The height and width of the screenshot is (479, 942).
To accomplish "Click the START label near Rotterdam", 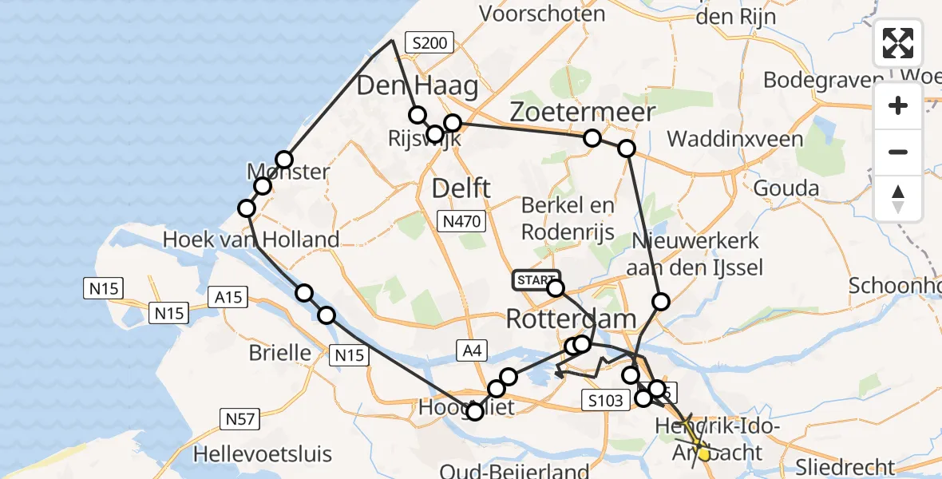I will tap(536, 280).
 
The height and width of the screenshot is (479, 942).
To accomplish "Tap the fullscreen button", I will tap(898, 43).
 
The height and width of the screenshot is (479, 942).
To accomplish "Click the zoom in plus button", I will tap(898, 105).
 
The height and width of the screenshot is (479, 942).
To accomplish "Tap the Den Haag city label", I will tap(417, 86).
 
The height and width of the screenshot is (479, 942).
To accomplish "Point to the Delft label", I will tap(461, 189).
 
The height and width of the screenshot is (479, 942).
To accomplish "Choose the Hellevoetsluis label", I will tap(263, 455).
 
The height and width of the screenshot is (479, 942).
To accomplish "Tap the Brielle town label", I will tap(279, 352).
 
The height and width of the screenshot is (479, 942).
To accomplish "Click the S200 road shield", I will tap(429, 43).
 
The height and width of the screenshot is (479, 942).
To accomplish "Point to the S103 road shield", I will tap(602, 401).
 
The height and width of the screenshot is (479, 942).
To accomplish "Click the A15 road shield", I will tap(229, 298).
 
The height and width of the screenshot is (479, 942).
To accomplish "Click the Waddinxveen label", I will tap(735, 139).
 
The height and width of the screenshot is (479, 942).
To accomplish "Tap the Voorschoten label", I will tap(542, 14).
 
